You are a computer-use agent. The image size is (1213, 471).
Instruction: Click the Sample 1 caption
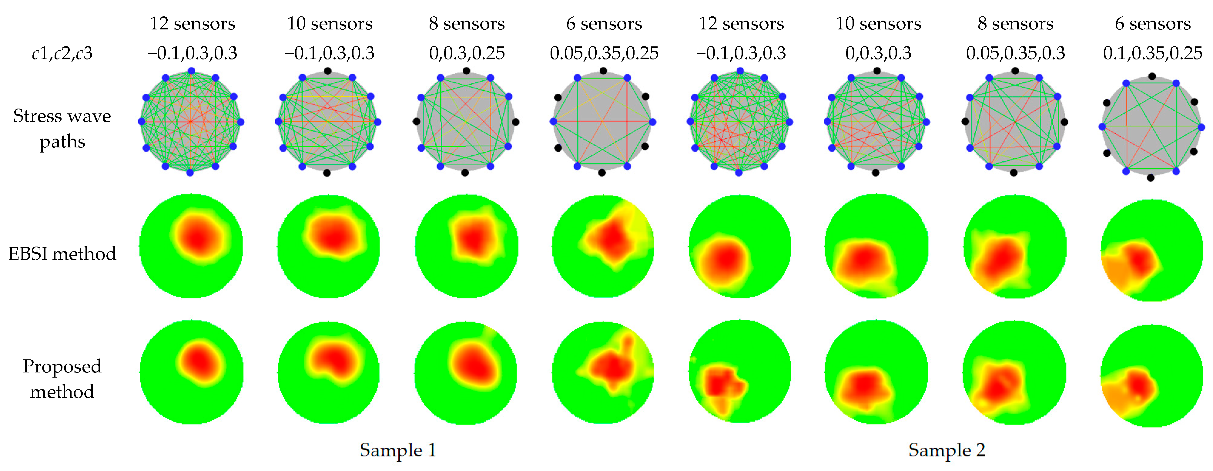398,450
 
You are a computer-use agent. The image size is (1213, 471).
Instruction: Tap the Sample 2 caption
947,450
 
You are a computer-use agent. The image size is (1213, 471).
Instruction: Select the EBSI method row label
62,254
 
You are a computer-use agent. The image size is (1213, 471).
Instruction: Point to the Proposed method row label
62,379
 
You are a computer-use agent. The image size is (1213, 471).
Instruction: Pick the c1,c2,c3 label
62,53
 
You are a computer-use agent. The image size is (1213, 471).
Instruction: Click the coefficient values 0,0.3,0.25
467,53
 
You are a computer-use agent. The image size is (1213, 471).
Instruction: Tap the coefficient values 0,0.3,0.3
878,53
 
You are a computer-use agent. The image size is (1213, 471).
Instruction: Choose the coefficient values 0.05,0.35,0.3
1015,53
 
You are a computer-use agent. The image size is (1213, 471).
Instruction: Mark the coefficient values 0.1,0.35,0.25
1152,53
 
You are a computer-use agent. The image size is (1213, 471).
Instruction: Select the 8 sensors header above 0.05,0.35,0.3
1015,24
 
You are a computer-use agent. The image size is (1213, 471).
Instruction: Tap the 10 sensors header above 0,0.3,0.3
878,24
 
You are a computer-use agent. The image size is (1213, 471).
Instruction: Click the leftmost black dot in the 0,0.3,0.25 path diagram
416,122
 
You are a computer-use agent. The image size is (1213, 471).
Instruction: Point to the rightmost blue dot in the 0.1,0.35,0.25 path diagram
1201,127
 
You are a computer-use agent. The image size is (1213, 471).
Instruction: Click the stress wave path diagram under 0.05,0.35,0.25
602,122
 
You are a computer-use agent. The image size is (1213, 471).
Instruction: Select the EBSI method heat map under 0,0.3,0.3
876,246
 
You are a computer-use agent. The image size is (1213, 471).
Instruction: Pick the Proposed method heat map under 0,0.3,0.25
466,372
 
